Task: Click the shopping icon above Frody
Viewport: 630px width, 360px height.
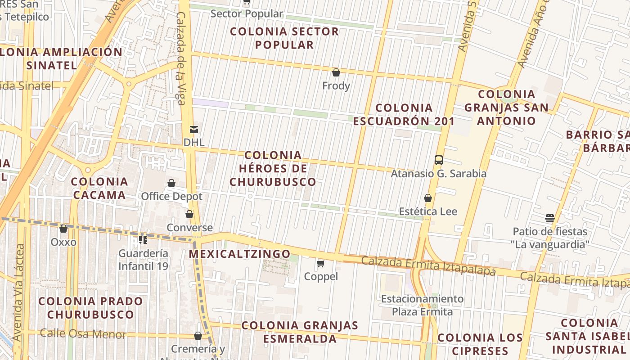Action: (x=336, y=72)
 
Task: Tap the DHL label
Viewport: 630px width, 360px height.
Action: (x=194, y=143)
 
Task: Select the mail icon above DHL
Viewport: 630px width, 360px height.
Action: (x=194, y=130)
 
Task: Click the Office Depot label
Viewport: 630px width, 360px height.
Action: (x=171, y=197)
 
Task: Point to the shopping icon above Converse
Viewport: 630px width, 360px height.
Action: (x=189, y=214)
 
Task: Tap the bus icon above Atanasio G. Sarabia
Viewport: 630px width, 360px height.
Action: (x=438, y=160)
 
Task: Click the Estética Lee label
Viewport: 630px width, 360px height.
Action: (x=428, y=211)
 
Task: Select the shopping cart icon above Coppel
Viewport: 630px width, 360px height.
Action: (x=320, y=263)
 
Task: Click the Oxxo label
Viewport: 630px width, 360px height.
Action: (x=63, y=242)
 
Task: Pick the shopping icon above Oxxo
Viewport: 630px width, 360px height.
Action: (x=63, y=229)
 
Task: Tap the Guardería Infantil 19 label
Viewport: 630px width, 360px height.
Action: (x=143, y=260)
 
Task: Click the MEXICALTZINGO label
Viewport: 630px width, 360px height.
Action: (x=239, y=254)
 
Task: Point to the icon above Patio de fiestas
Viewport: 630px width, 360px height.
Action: (x=550, y=218)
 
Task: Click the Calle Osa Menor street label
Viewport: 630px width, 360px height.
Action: (x=83, y=334)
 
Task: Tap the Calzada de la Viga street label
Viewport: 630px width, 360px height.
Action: (x=181, y=58)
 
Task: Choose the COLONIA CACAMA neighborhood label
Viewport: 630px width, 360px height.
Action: (x=99, y=189)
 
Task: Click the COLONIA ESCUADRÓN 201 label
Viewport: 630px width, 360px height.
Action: (x=404, y=114)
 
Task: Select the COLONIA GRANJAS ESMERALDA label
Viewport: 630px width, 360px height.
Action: (x=300, y=332)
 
